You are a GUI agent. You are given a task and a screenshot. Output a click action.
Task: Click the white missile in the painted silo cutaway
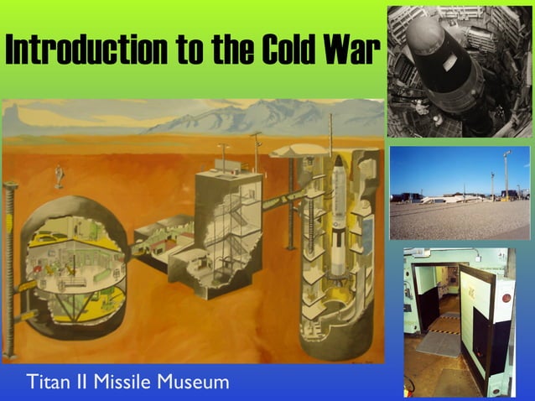[338, 218]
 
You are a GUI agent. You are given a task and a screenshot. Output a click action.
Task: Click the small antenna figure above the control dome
[60, 175]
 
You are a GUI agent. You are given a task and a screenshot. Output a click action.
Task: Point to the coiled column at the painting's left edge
[10, 268]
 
